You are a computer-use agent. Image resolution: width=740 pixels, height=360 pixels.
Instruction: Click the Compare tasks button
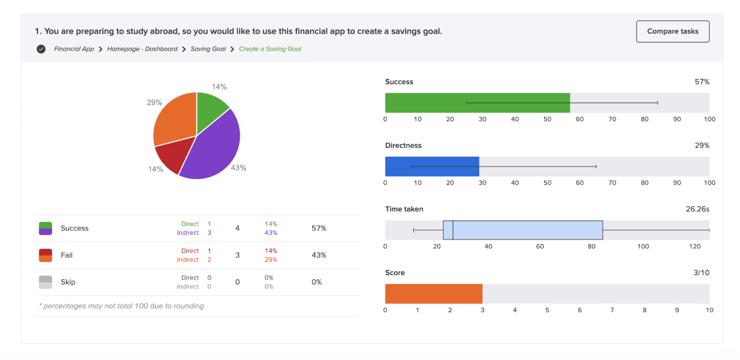coord(672,32)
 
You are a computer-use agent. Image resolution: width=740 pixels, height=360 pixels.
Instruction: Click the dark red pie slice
coord(170,158)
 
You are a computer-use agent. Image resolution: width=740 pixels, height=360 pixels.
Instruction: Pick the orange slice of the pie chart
coord(172,120)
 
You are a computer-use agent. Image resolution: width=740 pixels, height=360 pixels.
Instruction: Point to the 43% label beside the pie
coord(238,168)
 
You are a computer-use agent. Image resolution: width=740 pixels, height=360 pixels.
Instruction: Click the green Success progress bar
coord(477,103)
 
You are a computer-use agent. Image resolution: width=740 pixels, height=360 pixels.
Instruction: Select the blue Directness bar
coord(431,167)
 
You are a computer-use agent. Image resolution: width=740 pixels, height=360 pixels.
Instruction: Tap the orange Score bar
coord(433,294)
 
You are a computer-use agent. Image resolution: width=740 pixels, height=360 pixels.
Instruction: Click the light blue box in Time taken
coord(526,230)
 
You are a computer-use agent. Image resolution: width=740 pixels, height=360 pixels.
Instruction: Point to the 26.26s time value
coord(697,209)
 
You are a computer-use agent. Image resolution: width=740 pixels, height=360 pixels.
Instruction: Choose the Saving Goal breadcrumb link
coord(208,49)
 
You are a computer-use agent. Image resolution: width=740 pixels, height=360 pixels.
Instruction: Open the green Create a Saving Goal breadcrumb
coord(270,49)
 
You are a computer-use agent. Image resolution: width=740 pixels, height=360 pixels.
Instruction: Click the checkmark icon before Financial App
coord(41,49)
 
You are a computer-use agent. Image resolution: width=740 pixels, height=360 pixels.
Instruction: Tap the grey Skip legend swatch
coord(46,282)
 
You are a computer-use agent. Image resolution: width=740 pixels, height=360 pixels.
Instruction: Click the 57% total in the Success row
coord(319,229)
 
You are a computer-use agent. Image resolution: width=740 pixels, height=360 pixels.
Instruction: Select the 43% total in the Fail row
coord(319,255)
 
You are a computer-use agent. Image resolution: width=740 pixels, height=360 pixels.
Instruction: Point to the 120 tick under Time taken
coord(694,246)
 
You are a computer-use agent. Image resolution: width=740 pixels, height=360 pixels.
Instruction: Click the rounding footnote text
coord(122,306)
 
